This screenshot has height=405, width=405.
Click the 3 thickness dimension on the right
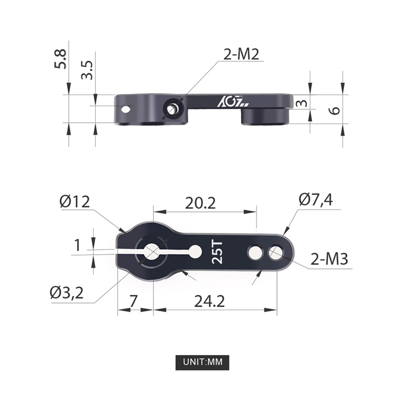tap(302, 104)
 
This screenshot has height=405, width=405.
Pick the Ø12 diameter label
tap(74, 201)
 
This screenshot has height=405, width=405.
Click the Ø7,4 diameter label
tap(315, 199)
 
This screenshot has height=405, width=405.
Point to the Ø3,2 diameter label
tap(67, 292)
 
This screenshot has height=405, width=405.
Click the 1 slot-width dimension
tap(77, 246)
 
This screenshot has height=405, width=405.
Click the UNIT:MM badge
tap(202, 362)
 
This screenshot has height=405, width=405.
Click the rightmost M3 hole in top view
tap(276, 252)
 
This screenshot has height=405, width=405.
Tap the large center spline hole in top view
tap(151, 251)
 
